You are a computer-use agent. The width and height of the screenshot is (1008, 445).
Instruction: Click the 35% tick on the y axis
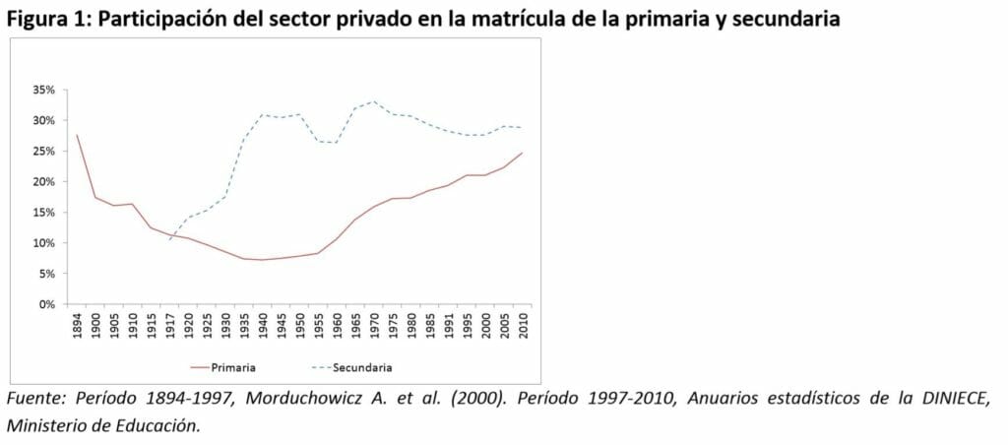[x=43, y=90]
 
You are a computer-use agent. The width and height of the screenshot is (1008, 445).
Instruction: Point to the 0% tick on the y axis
[x=47, y=304]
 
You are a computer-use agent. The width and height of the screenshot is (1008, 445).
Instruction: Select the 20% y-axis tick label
[x=43, y=182]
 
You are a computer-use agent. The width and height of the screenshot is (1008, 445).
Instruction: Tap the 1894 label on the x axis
[x=77, y=327]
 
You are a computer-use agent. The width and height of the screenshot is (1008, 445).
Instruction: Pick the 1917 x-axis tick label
[x=169, y=327]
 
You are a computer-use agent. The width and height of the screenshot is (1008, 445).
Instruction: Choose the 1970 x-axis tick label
[x=373, y=327]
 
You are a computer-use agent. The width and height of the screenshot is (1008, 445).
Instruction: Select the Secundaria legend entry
[x=364, y=367]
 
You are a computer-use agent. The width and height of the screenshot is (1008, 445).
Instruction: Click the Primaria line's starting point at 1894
[x=77, y=135]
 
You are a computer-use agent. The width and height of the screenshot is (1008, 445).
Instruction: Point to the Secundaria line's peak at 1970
[x=373, y=101]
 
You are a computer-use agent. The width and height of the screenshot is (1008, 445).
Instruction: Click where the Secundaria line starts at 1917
[x=169, y=239]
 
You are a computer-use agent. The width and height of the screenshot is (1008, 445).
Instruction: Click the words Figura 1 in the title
[x=44, y=19]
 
